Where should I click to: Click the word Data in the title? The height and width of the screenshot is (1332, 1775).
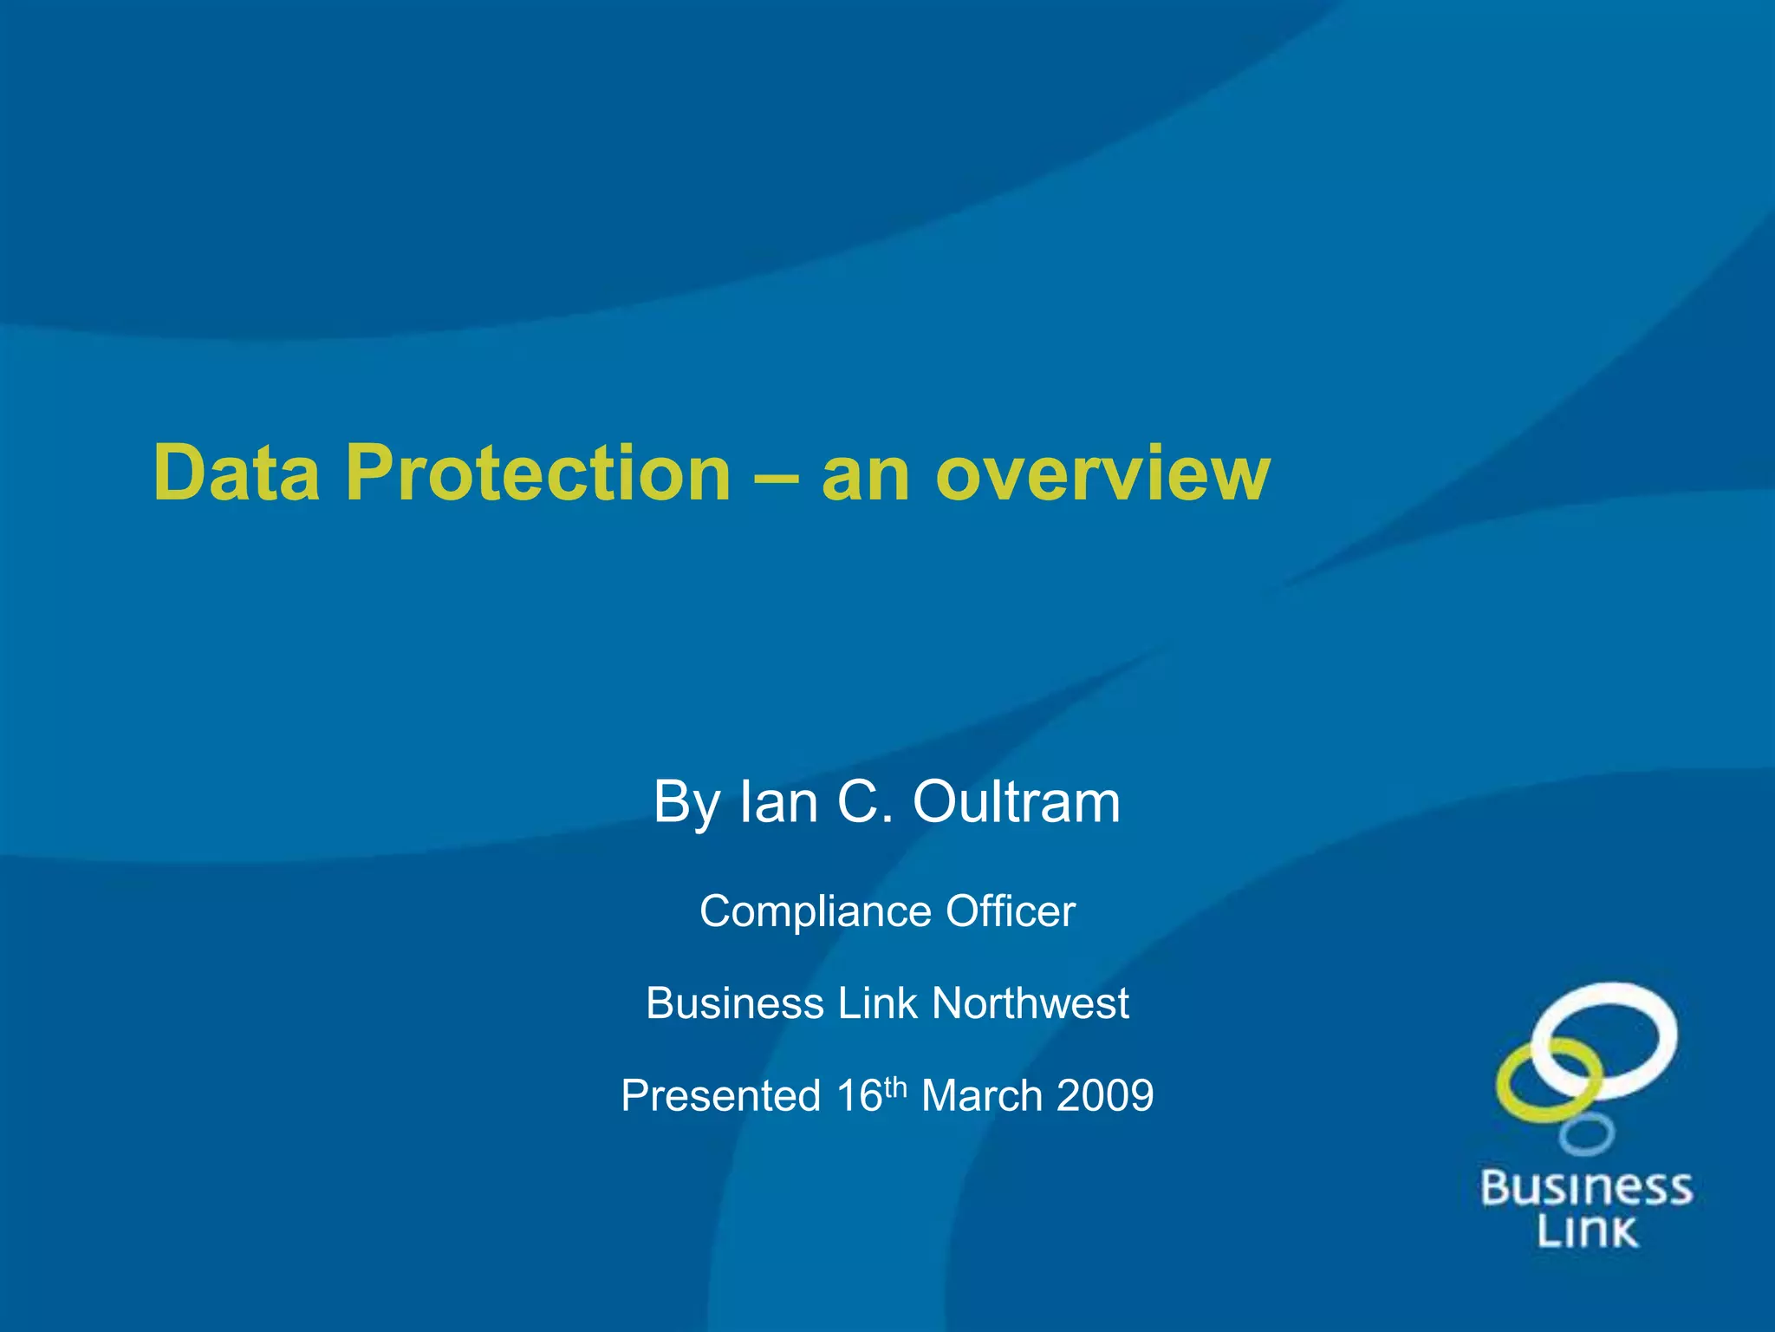pyautogui.click(x=236, y=473)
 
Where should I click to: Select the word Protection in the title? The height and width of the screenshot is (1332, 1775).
pyautogui.click(x=538, y=473)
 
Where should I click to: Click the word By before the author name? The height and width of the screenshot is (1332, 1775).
pyautogui.click(x=686, y=803)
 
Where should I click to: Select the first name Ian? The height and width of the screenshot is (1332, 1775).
pyautogui.click(x=777, y=801)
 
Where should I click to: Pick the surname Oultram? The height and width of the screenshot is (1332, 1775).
pyautogui.click(x=1017, y=801)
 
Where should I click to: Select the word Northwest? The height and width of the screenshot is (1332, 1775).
pyautogui.click(x=1031, y=1003)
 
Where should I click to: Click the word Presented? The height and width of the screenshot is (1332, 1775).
pyautogui.click(x=721, y=1095)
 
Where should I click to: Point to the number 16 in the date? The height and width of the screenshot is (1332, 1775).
pyautogui.click(x=859, y=1095)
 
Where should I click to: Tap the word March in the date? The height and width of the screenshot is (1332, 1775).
pyautogui.click(x=981, y=1095)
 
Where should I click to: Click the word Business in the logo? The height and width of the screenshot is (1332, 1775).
pyautogui.click(x=1586, y=1187)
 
